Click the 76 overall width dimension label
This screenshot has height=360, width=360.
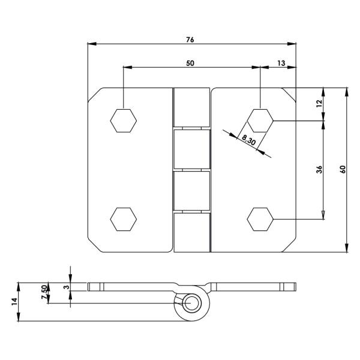(190, 40)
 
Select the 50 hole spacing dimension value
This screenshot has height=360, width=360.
(190, 63)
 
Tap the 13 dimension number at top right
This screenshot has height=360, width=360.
(281, 63)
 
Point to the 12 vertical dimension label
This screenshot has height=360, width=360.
(319, 104)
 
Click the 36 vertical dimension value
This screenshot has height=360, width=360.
(319, 169)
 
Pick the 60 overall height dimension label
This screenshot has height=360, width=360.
(343, 169)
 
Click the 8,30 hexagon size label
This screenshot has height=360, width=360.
(248, 140)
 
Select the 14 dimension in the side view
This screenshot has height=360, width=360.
(14, 301)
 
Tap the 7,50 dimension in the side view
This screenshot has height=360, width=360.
(44, 292)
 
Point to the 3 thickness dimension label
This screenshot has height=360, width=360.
(66, 287)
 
